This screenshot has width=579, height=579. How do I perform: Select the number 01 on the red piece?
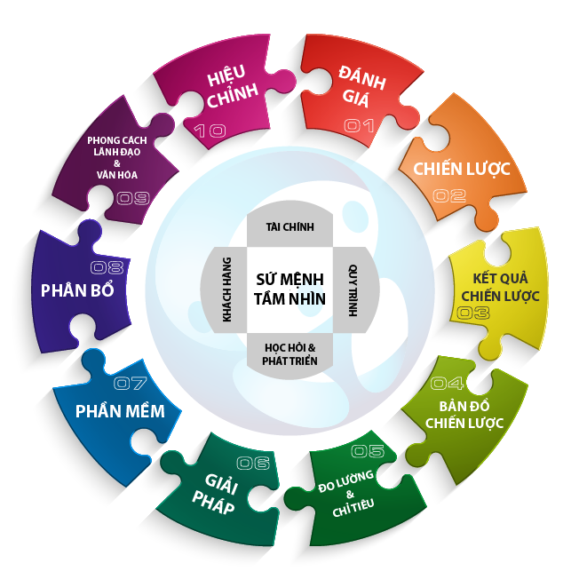click(359, 126)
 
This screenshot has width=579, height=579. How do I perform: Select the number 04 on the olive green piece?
click(447, 384)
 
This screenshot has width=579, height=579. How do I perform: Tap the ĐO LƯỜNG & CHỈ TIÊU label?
click(349, 494)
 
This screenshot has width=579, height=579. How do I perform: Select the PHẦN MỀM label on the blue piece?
click(119, 411)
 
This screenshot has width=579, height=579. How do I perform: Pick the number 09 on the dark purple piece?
click(132, 197)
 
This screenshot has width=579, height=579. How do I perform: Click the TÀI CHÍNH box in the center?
click(290, 227)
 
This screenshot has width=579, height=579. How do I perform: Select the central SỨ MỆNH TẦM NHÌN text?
click(290, 289)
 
